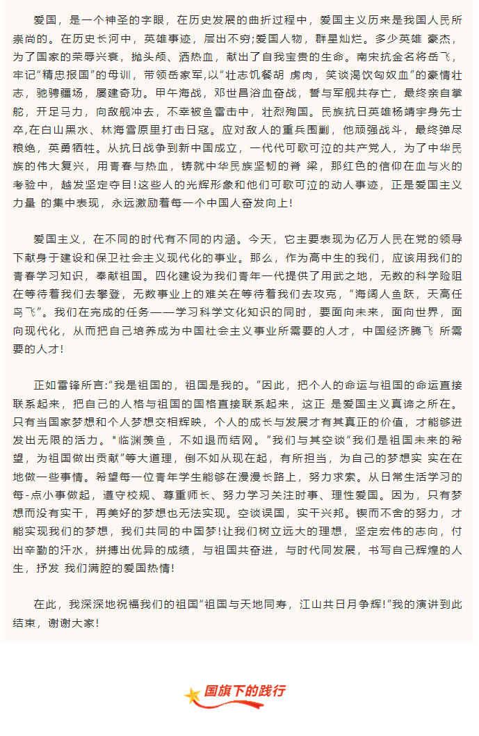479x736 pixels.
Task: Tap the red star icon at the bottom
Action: (x=193, y=695)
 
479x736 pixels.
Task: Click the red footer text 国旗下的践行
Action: (x=244, y=691)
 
